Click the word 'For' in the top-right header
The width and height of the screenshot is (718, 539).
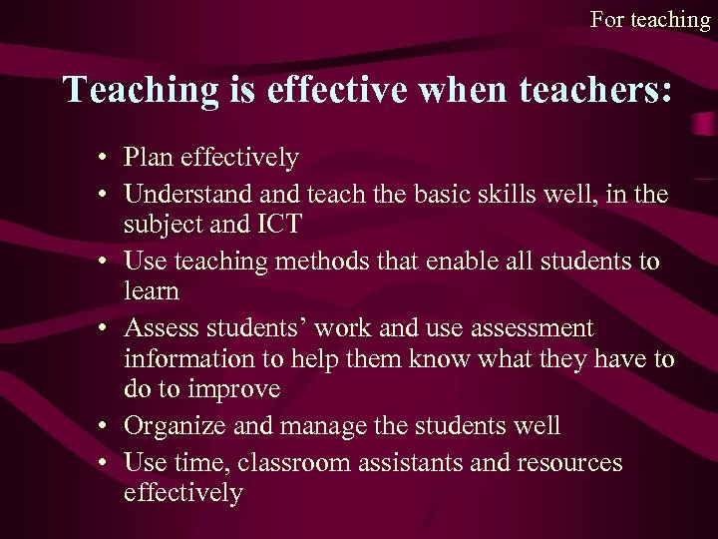[606, 19]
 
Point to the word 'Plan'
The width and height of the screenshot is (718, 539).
[147, 157]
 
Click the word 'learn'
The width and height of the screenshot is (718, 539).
[152, 291]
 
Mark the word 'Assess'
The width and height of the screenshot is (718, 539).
[160, 327]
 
